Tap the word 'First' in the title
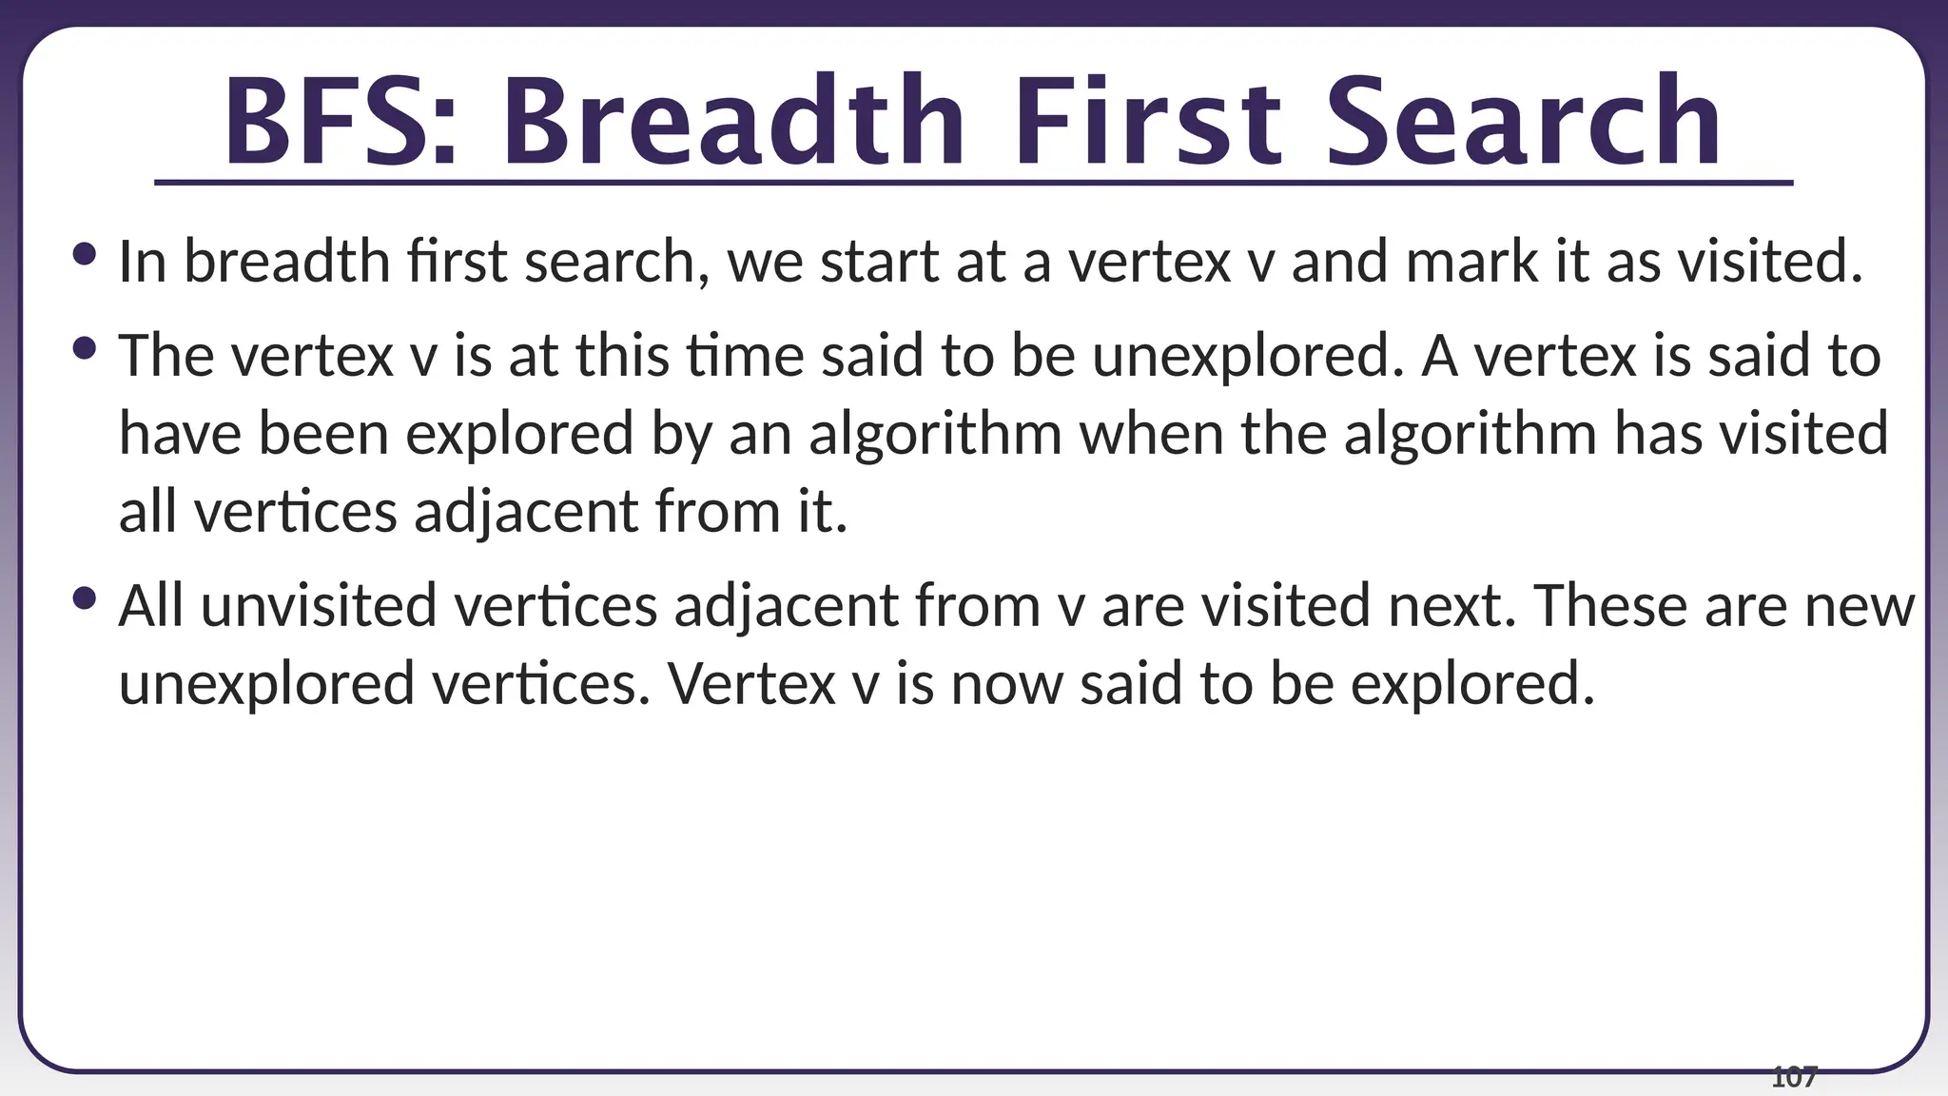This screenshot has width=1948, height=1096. point(1147,122)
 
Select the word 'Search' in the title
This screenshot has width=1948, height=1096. point(1522,122)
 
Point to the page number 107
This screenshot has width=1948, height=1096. point(1794,1078)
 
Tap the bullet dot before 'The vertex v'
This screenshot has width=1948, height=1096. point(84,348)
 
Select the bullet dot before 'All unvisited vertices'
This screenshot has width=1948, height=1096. point(84,598)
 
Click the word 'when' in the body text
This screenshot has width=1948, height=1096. point(1151,434)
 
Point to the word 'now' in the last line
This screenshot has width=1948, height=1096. point(1006,684)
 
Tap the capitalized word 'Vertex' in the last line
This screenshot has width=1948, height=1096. point(750,684)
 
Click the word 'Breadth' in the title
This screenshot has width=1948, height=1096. point(732,122)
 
